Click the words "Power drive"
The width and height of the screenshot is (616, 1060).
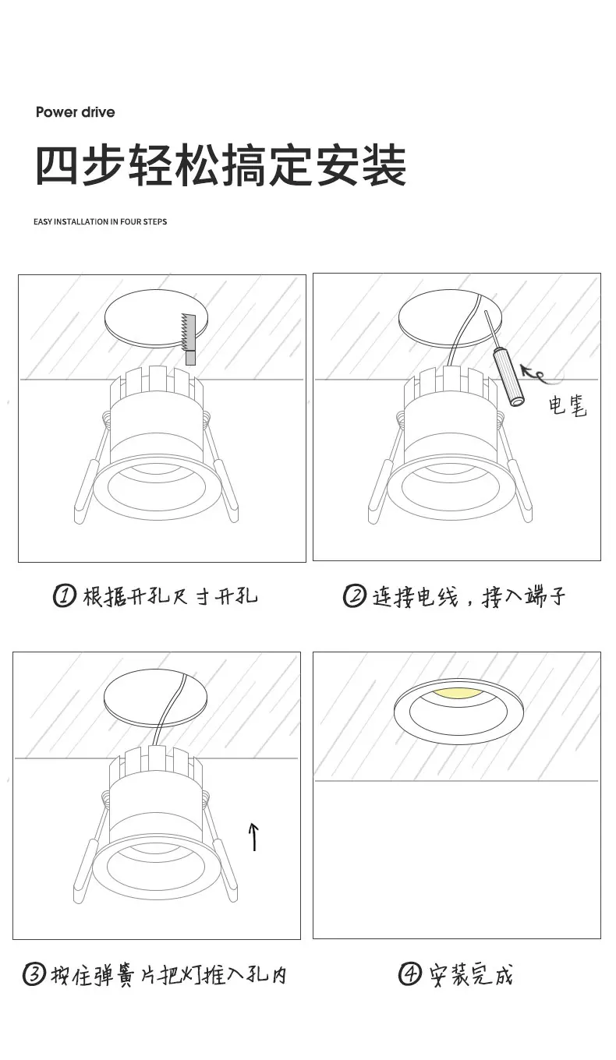coord(76,112)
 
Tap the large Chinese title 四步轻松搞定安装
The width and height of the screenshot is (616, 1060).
coord(221,165)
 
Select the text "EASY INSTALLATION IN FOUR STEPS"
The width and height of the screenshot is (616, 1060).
coord(100,221)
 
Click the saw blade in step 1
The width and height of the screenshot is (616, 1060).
coord(189,333)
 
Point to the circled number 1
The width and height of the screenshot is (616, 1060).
coord(65,595)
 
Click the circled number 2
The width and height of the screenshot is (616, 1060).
coord(355,595)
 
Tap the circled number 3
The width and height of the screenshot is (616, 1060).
coord(34,975)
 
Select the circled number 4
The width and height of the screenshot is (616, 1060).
coord(409,974)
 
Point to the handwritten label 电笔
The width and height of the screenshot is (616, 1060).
coord(568,406)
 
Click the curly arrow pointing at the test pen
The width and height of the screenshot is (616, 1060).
coord(535,373)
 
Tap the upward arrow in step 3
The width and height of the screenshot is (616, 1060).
coord(253,836)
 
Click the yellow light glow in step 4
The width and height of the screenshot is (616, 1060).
coord(458,693)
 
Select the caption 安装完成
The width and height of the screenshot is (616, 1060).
coord(471,975)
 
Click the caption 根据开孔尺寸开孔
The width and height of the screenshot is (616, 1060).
coord(170,596)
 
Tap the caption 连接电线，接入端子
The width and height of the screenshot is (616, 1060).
coord(469,596)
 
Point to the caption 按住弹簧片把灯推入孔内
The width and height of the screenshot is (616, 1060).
coord(168,976)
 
